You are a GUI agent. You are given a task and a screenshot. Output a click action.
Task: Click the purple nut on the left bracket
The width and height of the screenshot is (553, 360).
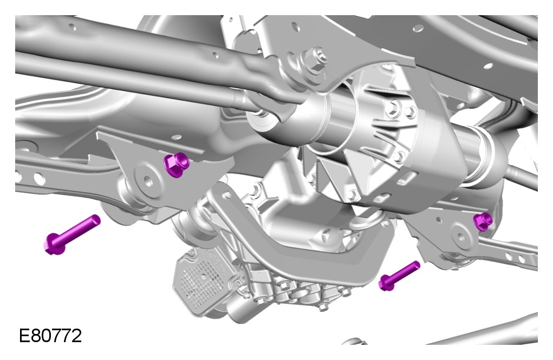click(x=176, y=165)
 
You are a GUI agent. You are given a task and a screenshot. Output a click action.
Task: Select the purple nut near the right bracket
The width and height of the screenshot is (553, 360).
click(x=483, y=221)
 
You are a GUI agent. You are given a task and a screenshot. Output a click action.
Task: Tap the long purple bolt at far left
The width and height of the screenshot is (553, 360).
click(x=72, y=234)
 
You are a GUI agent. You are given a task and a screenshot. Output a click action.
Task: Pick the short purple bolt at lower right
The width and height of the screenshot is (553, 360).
click(x=399, y=276)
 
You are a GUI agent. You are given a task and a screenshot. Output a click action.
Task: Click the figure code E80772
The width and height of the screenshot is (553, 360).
click(x=50, y=335)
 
